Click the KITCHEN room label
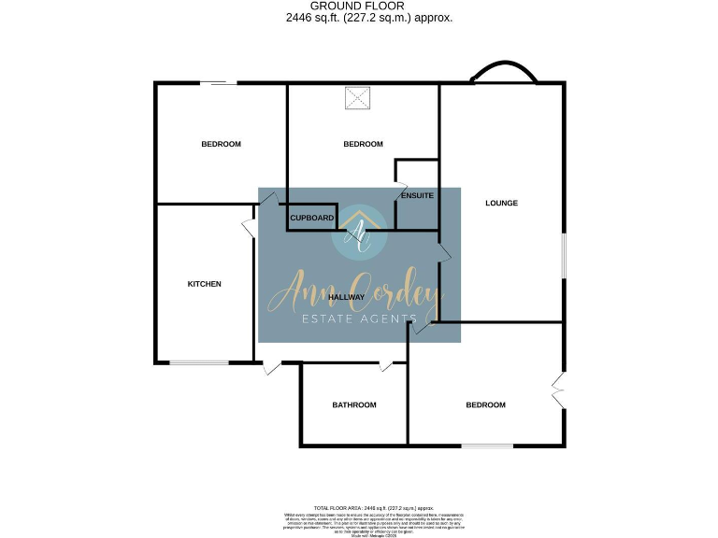coord(204,284)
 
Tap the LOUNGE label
coord(501,203)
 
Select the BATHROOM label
coord(354,404)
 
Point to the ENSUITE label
coord(416,196)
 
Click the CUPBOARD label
coord(312,218)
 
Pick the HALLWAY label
coord(358,297)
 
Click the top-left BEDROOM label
coord(222,144)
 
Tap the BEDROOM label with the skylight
coord(363,144)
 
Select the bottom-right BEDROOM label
coord(485,404)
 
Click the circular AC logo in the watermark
coord(359,231)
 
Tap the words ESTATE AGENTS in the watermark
coord(359,320)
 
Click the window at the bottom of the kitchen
coord(198,362)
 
